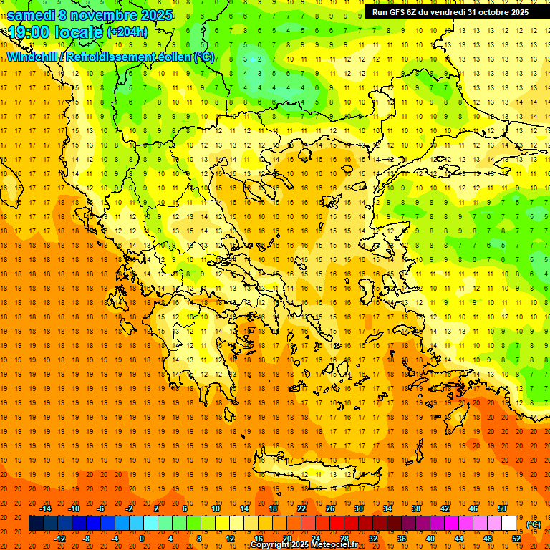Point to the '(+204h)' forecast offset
click(x=127, y=32)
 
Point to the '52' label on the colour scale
click(x=516, y=539)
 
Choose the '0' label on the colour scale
click(x=141, y=539)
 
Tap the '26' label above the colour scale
click(x=330, y=508)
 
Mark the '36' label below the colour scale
click(x=402, y=539)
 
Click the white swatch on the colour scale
click(x=509, y=524)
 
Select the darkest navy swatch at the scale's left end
click(x=36, y=524)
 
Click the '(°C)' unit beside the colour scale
click(x=534, y=524)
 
